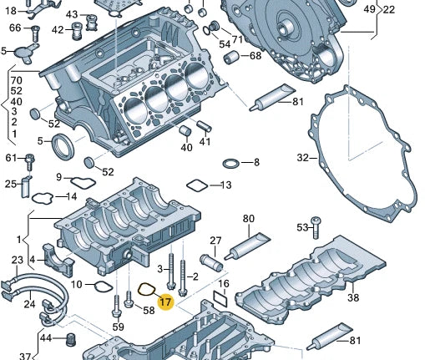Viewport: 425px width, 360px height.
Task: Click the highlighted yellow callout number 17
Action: pyautogui.click(x=165, y=302)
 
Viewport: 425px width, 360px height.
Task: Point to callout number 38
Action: pyautogui.click(x=353, y=297)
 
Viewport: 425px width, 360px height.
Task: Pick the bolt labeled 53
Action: pyautogui.click(x=316, y=227)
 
